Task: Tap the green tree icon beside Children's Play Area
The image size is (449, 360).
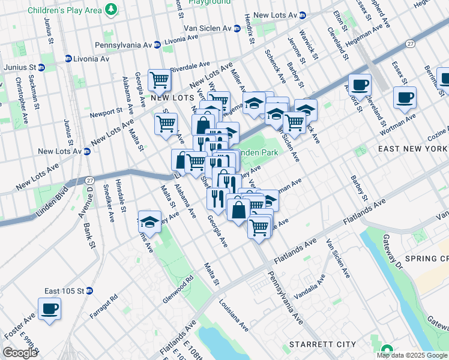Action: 110,9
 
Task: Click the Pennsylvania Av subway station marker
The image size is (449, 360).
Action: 157,44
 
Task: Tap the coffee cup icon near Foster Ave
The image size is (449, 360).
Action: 49,309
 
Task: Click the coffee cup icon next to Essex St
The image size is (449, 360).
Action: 405,97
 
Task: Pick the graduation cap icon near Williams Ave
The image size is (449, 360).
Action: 149,221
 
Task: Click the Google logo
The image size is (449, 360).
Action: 20,353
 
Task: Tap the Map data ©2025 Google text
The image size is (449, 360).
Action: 412,355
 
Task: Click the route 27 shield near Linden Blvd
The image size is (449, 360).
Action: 89,179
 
